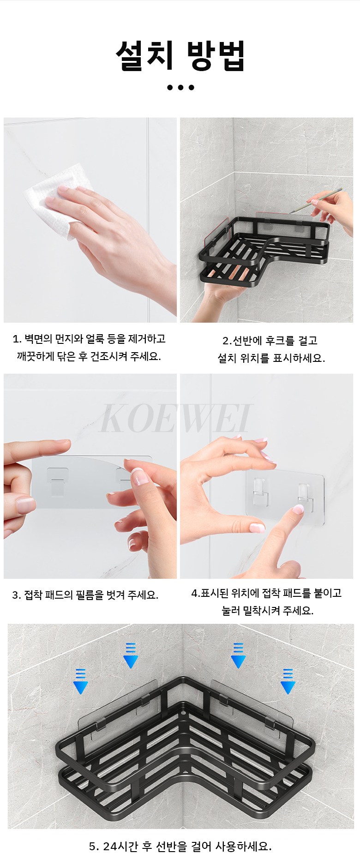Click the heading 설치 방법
coord(180,56)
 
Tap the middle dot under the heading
coord(180,87)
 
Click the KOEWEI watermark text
coord(176,418)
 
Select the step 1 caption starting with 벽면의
coord(89,339)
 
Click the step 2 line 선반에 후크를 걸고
coord(270,341)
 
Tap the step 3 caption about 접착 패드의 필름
coord(85,595)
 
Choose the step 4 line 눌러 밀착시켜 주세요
coord(268,611)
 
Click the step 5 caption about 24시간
coord(180,846)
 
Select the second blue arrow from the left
coord(131,655)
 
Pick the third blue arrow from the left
coord(238,655)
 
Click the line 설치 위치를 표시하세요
coord(271,358)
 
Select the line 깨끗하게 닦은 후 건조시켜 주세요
coord(89,356)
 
